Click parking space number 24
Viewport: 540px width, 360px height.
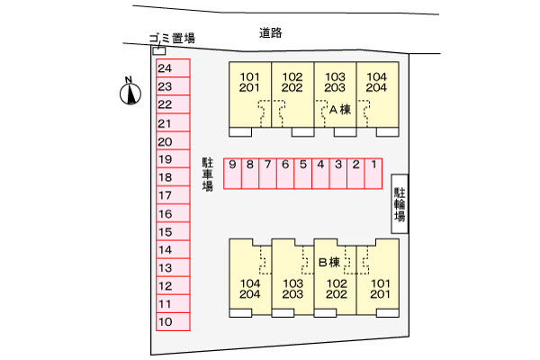coord(173,68)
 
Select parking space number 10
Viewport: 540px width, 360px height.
coord(173,322)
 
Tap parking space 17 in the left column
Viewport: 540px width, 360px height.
coord(173,195)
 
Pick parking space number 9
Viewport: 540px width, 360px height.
coord(232,174)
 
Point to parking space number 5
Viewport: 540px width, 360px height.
coord(303,174)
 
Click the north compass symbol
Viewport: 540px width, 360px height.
coord(130,91)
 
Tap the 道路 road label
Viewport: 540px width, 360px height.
coord(271,32)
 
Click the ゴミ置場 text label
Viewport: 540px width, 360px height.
coord(172,38)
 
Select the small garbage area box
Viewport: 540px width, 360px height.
coord(159,51)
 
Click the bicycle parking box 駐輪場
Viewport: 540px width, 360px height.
coord(400,203)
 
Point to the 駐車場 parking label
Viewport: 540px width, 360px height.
coord(207,175)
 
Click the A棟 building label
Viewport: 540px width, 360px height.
coord(340,110)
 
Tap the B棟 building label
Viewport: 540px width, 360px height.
coord(329,262)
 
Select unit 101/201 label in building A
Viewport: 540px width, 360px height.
coord(249,82)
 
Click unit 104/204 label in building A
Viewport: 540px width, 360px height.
coord(376,82)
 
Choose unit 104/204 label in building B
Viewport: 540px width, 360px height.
coord(250,289)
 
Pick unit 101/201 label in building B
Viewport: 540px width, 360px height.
coord(380,289)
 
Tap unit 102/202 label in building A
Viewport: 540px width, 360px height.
coord(292,82)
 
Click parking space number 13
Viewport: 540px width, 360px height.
coord(173,267)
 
